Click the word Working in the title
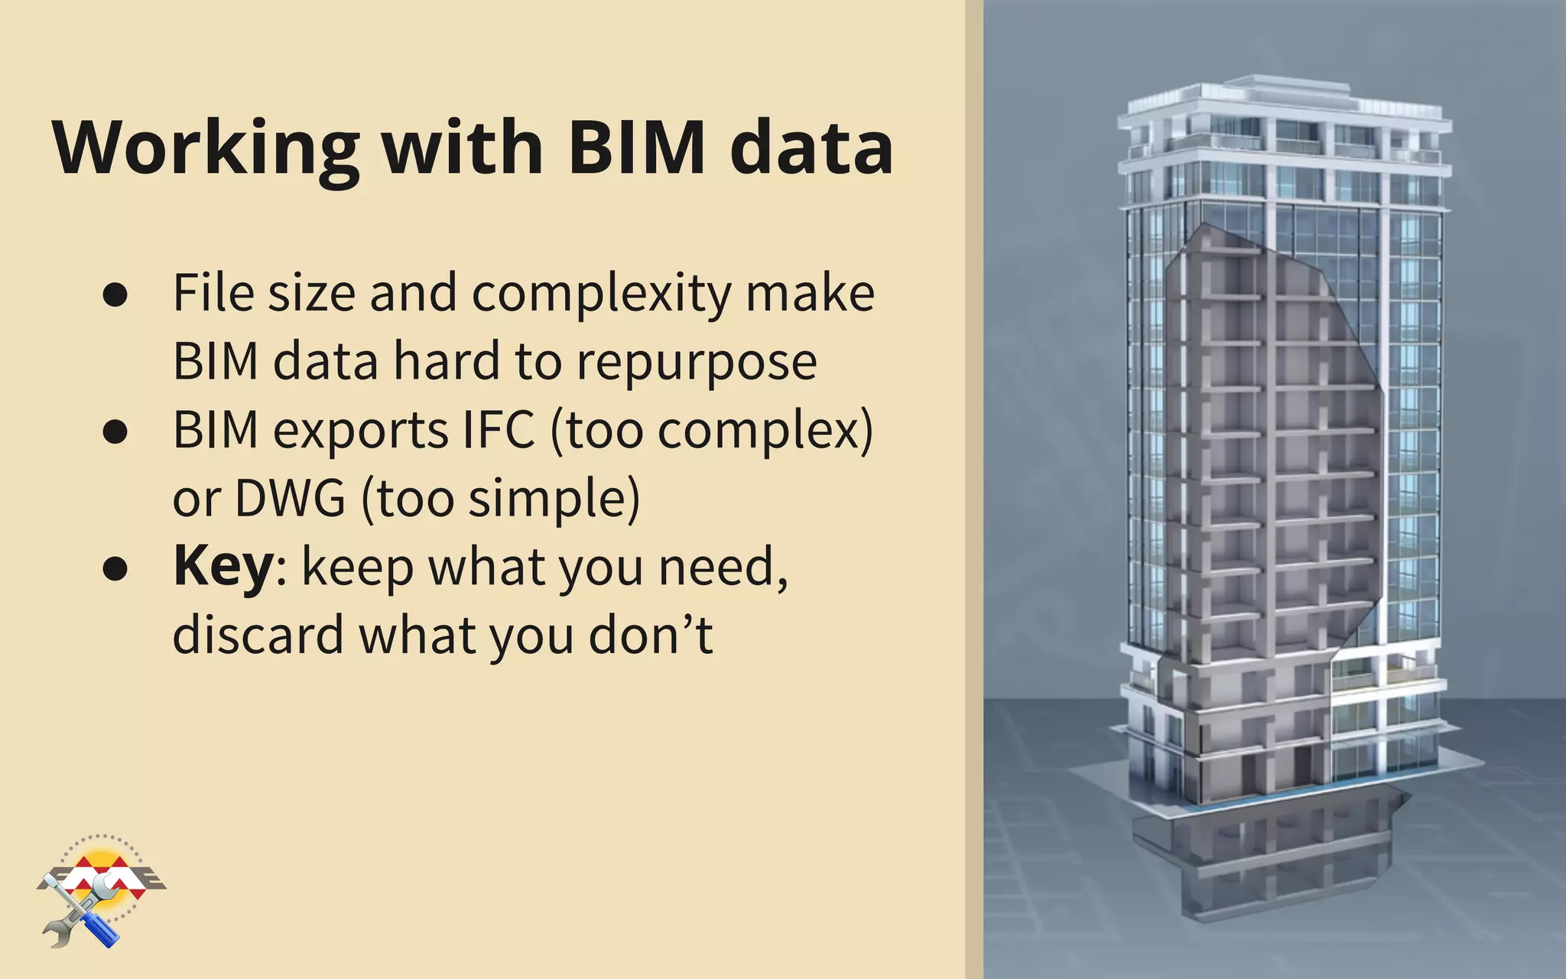point(206,148)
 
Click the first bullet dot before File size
point(115,294)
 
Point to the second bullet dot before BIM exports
point(115,431)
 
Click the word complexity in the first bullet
point(602,294)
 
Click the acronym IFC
point(499,430)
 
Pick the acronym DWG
point(291,499)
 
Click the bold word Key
point(223,567)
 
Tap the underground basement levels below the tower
point(1269,857)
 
